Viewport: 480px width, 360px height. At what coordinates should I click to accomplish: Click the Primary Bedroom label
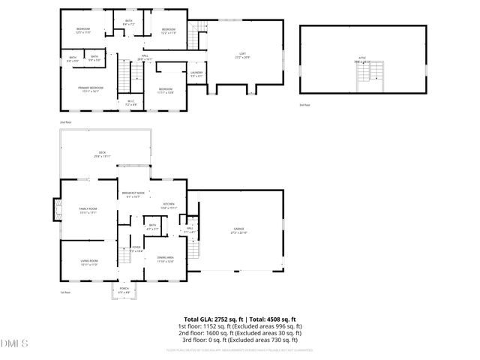tap(90, 89)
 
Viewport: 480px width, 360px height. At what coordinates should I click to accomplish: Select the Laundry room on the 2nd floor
tap(197, 73)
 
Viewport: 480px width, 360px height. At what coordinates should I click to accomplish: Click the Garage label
tap(238, 229)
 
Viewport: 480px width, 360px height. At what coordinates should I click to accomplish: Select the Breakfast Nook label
tap(133, 194)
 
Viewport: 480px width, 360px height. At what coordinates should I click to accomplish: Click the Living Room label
tap(89, 262)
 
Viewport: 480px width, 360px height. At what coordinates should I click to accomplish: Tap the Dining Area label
tap(166, 259)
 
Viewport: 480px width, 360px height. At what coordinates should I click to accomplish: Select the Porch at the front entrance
tap(124, 290)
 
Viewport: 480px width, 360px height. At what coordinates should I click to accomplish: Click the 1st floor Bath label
tap(152, 226)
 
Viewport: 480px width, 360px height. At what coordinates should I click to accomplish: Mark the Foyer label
tap(136, 250)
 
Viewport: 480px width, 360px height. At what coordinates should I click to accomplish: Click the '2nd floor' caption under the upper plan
tap(65, 121)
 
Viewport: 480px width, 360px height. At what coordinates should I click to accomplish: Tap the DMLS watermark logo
tap(15, 343)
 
